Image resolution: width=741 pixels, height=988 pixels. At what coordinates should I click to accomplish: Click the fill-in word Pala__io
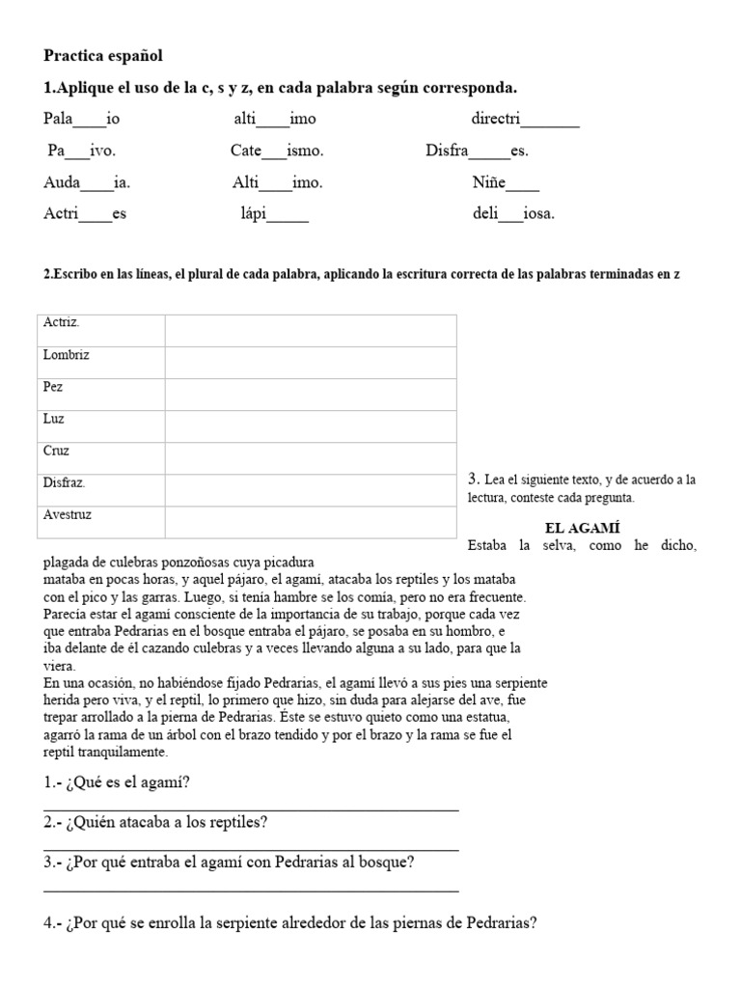coord(82,120)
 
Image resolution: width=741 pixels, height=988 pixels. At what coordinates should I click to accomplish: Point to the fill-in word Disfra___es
coord(477,151)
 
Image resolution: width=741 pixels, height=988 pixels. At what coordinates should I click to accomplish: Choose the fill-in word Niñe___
coord(506,182)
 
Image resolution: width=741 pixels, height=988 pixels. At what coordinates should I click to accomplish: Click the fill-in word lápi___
coord(274,214)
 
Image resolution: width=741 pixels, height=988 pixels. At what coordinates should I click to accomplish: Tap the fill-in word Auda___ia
coord(87,182)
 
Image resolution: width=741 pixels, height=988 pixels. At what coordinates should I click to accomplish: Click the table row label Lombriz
coord(67,355)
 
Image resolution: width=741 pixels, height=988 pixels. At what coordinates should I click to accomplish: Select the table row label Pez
coord(54,387)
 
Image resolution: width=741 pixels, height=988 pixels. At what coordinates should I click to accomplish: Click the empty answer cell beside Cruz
coord(311,458)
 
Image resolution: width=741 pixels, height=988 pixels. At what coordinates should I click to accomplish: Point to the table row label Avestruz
coord(68,515)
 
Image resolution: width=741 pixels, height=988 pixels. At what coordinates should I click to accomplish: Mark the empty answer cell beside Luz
coord(311,426)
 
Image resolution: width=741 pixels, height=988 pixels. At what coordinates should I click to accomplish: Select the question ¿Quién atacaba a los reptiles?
coord(155,822)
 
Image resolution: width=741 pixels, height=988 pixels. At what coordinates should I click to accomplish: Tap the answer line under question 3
coord(251,891)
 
